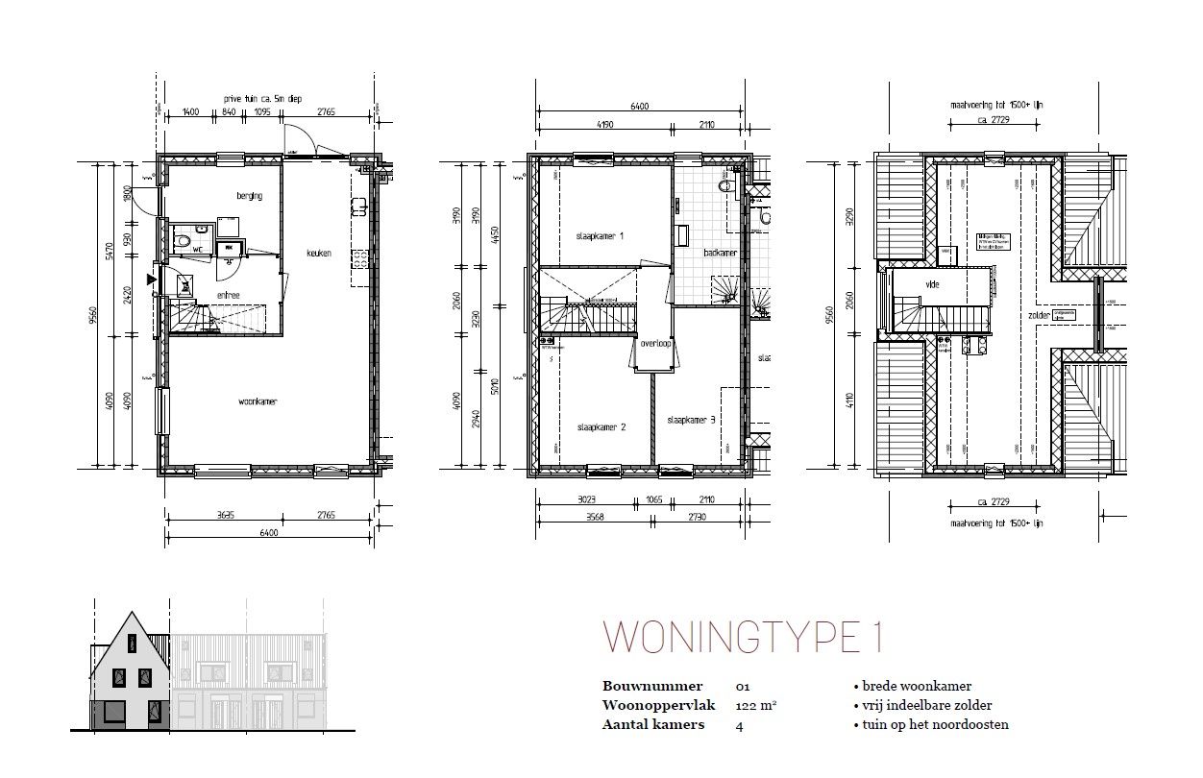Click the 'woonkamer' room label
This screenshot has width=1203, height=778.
tap(257, 401)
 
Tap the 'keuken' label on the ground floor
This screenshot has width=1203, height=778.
tap(318, 253)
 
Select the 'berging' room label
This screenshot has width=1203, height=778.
tap(249, 196)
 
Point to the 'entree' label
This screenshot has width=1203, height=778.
tap(228, 295)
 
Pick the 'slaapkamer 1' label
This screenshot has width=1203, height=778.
tap(601, 235)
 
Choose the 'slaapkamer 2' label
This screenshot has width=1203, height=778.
tap(601, 426)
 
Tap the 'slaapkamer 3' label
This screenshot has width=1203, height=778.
tap(692, 419)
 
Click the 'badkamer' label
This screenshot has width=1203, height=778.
tap(720, 254)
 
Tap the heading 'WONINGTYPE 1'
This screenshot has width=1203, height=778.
tap(742, 638)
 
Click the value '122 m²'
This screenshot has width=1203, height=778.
tap(755, 705)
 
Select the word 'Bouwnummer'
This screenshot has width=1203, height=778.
tap(651, 686)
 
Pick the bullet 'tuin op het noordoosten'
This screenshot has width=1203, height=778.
tap(930, 724)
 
